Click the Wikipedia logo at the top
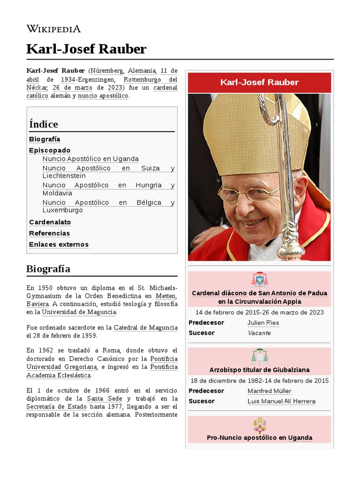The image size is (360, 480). [x=53, y=29]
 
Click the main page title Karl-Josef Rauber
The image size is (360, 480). [x=86, y=49]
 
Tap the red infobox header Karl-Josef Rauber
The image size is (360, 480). [x=259, y=82]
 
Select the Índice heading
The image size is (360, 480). [x=44, y=124]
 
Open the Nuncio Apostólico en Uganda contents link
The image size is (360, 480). [x=90, y=159]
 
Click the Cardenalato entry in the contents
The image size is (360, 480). [x=50, y=222]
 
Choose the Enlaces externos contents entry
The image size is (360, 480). [x=59, y=244]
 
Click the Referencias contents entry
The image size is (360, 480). [x=49, y=233]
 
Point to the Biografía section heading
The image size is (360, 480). [x=48, y=269]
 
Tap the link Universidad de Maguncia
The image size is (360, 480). [x=79, y=312]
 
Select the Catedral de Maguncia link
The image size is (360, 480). [x=145, y=327]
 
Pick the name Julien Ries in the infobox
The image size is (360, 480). [x=263, y=322]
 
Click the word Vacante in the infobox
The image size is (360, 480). [x=259, y=333]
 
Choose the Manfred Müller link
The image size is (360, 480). [x=269, y=391]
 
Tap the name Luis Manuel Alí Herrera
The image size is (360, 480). [x=281, y=401]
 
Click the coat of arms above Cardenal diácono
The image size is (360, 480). [x=259, y=279]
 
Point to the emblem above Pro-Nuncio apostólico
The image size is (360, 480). [x=259, y=424]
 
